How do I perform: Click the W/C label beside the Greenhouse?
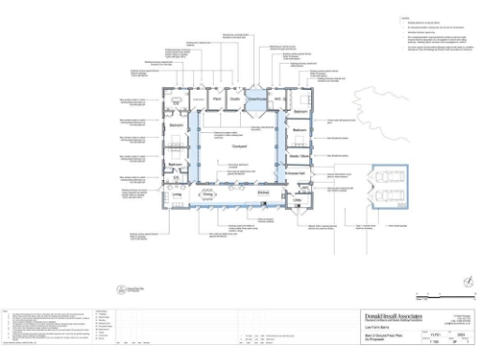click(278, 98)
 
